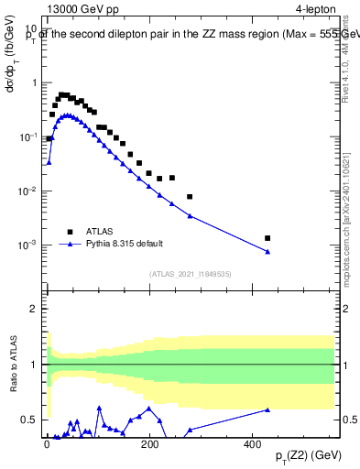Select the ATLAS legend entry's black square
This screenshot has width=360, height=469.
tap(69, 232)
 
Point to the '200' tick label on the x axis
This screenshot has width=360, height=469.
tap(149, 443)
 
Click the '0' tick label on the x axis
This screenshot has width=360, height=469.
tap(47, 443)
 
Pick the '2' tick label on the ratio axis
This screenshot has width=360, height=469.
tap(33, 309)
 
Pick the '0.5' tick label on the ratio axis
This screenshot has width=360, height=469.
tap(29, 420)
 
